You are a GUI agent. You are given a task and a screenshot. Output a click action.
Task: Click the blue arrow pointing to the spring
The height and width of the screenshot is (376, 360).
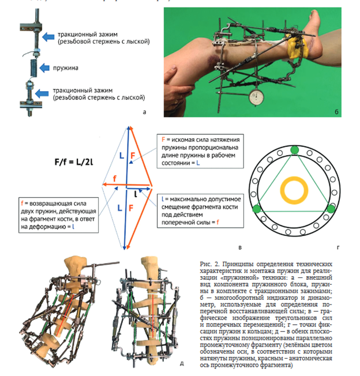[x=52, y=67]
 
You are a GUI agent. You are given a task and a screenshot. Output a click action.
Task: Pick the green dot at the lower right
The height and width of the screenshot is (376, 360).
[x=331, y=208]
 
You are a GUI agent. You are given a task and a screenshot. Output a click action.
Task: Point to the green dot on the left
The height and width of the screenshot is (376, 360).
[x=261, y=209]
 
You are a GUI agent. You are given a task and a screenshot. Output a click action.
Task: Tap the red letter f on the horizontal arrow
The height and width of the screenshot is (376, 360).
[x=115, y=179]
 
